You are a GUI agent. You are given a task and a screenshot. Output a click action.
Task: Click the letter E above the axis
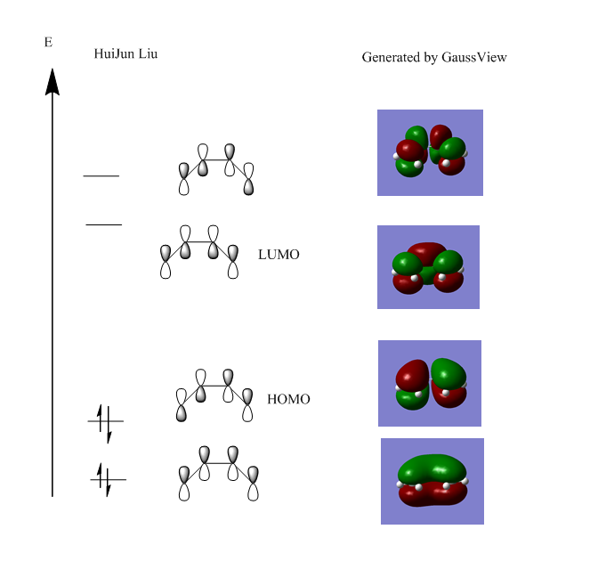[x=48, y=42]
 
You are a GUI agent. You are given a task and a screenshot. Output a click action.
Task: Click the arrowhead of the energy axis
[x=53, y=81]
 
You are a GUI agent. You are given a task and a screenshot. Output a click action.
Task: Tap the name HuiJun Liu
[x=125, y=54]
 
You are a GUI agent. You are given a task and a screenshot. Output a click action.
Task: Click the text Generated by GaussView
[x=434, y=57]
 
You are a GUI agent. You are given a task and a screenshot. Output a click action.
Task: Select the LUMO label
[x=279, y=255]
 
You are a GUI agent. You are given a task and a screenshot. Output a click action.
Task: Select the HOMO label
[x=288, y=400]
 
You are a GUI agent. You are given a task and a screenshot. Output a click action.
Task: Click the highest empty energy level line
[x=101, y=176]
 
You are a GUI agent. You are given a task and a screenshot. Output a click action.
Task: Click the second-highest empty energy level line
[x=103, y=224]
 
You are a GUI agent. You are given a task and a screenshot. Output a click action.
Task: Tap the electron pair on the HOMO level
[x=105, y=421]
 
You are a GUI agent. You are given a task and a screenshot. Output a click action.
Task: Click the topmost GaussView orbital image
[x=430, y=152]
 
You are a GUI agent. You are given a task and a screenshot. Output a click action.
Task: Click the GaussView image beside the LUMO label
[x=428, y=267]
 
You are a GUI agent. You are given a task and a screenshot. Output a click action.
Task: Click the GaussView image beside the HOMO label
[x=430, y=383]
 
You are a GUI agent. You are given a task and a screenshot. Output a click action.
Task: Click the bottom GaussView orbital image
[x=432, y=481]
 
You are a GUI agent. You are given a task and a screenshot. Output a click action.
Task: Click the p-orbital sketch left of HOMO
[x=215, y=395]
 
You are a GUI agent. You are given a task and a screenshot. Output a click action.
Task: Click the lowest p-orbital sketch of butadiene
[x=218, y=473]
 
